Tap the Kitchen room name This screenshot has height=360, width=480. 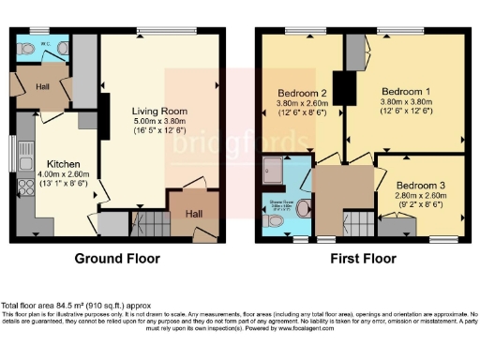tap(51, 162)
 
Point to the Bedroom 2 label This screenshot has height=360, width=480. tap(303, 94)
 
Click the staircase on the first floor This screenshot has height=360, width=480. tap(357, 223)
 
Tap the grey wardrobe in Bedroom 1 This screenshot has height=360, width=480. tap(354, 54)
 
